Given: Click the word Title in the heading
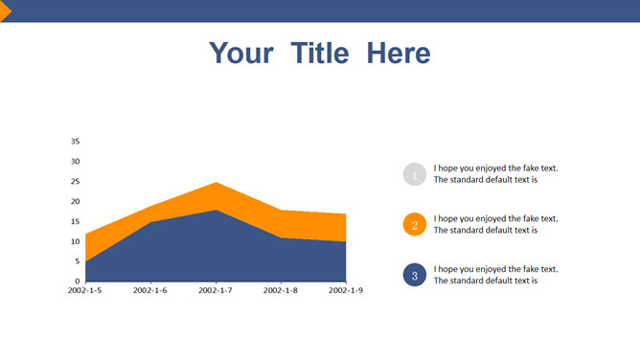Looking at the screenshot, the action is click(320, 53).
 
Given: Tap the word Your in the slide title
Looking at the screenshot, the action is click(241, 53).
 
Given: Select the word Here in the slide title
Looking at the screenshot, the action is click(399, 53).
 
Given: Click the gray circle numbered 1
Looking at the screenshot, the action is click(415, 174).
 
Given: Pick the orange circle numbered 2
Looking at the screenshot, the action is click(415, 224).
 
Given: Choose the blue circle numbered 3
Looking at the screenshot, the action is click(415, 275).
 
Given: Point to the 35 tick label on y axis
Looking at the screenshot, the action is click(75, 142).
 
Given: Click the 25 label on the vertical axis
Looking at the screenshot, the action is click(75, 181).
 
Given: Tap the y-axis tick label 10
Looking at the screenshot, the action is click(75, 241).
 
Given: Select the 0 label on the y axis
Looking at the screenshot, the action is click(78, 281).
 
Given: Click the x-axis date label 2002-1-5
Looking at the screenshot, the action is click(85, 290).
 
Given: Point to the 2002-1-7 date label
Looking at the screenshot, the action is click(216, 290).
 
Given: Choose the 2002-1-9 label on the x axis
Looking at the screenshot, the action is click(346, 290).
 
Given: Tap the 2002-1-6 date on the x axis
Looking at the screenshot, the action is click(150, 290).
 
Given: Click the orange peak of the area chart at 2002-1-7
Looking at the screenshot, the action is click(216, 182).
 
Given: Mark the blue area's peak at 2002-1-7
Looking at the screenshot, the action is click(216, 211).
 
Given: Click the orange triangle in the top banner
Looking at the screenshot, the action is click(6, 11).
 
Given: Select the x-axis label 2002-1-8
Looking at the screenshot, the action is click(281, 290).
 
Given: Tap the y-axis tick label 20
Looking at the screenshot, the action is click(75, 201).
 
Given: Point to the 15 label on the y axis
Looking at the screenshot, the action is click(75, 221).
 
